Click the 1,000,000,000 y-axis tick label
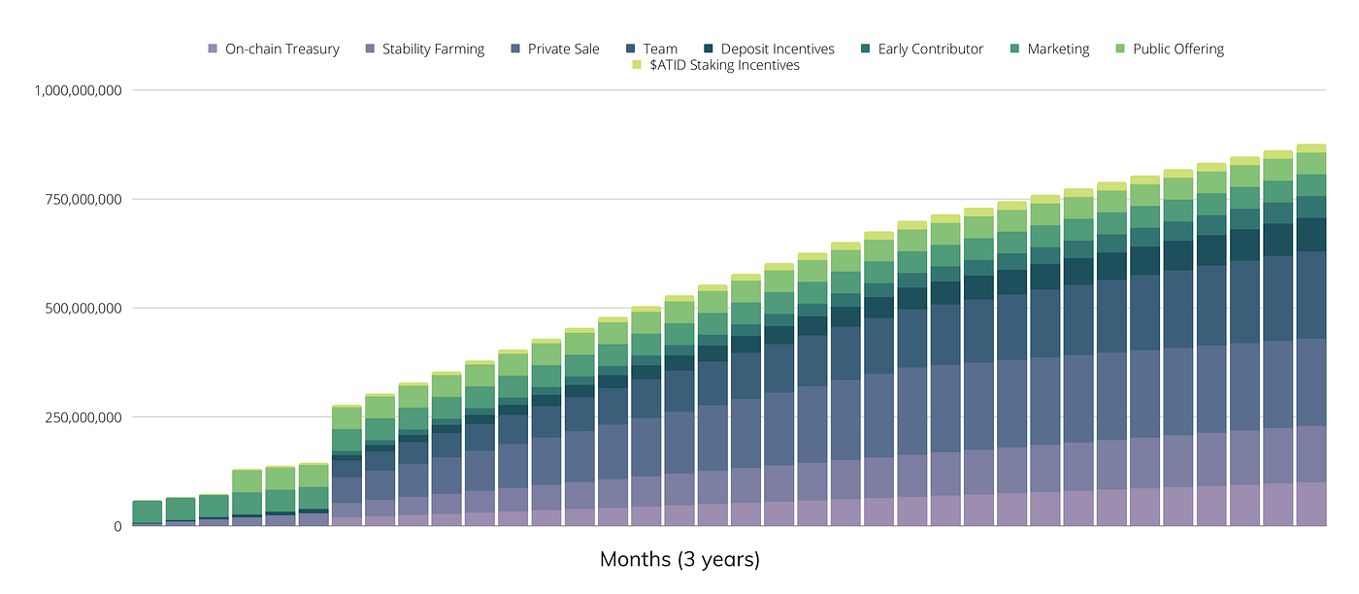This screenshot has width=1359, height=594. click(77, 90)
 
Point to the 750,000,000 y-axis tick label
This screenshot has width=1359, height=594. click(84, 199)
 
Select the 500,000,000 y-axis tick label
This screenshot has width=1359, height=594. click(84, 309)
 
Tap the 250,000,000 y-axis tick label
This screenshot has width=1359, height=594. click(84, 417)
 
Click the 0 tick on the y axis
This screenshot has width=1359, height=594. click(117, 526)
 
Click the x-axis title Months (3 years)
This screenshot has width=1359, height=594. click(679, 560)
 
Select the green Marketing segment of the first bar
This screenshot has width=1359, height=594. click(147, 511)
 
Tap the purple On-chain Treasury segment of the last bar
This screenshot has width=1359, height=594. click(1310, 505)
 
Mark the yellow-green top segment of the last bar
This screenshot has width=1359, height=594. click(1310, 148)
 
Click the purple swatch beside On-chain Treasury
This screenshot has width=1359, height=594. click(213, 49)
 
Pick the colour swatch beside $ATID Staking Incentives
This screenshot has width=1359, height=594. click(637, 65)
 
